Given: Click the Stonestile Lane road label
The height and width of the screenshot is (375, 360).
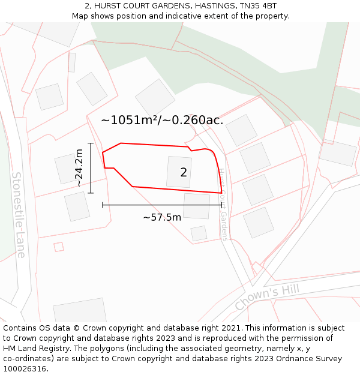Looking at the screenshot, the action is click(19, 215).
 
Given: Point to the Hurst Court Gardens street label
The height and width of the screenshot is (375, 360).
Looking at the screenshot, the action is click(223, 204).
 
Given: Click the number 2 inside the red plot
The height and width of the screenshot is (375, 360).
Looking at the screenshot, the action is click(184, 173).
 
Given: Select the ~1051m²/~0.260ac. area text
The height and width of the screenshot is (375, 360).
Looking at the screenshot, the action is click(162, 120).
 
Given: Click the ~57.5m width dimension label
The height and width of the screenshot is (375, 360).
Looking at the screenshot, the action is click(162, 217).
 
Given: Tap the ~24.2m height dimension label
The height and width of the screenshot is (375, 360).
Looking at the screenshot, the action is click(79, 168).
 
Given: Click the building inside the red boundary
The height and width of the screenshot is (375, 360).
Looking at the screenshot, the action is click(179, 172).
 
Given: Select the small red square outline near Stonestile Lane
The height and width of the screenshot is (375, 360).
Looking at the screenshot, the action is click(59, 247).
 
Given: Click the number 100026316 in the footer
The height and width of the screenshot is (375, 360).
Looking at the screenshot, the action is click(25, 369).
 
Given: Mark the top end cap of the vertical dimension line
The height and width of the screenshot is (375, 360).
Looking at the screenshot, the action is click(91, 143).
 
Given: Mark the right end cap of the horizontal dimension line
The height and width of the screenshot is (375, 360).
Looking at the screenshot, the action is click(222, 205).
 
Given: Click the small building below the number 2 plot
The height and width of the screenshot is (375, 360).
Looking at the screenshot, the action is click(199, 233).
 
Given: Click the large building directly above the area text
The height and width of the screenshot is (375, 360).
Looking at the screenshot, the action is click(155, 97).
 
